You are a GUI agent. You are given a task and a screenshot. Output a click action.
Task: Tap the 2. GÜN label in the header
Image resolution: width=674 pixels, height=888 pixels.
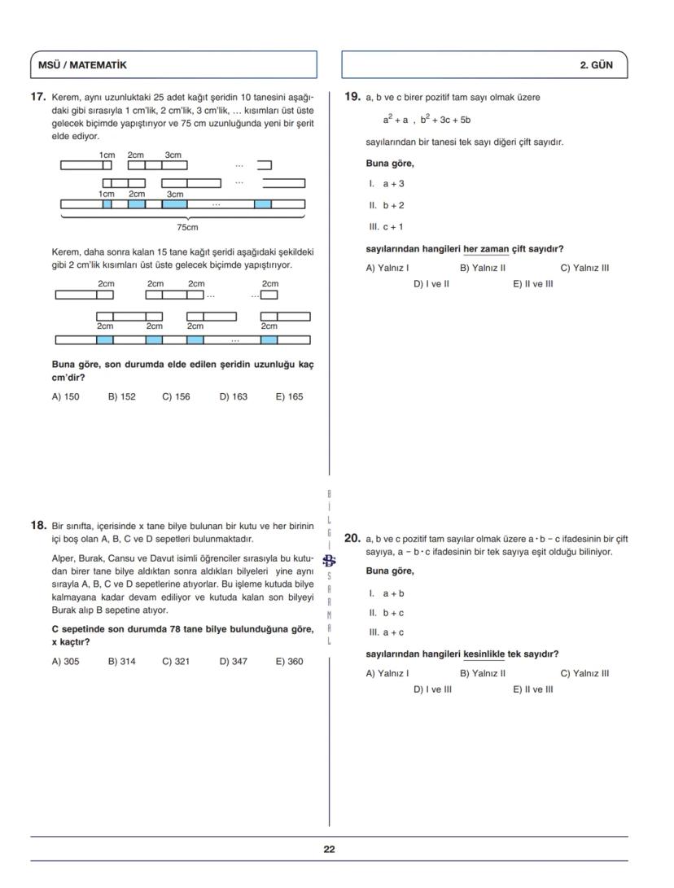(x=597, y=65)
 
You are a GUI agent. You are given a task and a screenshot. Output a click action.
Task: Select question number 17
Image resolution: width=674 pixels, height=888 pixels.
(x=37, y=97)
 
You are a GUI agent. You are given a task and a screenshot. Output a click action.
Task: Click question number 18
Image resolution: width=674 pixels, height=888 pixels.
(x=37, y=526)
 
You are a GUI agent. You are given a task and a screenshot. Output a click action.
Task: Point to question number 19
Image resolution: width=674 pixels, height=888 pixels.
(x=352, y=97)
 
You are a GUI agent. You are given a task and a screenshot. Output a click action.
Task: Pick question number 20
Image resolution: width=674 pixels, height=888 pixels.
(x=352, y=538)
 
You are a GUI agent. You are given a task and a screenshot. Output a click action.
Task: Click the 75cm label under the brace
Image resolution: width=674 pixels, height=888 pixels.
(x=187, y=227)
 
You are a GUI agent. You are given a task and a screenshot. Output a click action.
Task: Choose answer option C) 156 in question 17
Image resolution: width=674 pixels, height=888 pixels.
(x=176, y=397)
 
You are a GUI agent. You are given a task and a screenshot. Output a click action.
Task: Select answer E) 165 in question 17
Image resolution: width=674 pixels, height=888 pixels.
(x=289, y=397)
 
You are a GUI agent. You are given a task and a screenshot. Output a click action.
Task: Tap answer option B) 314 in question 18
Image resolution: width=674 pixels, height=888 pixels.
(x=122, y=662)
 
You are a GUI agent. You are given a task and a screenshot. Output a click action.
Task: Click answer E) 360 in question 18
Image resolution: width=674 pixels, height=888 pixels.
(x=289, y=662)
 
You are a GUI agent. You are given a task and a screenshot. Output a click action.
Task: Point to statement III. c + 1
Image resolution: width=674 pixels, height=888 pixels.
(x=386, y=227)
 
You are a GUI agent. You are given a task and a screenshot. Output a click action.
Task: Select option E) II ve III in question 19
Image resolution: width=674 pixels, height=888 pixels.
(x=532, y=284)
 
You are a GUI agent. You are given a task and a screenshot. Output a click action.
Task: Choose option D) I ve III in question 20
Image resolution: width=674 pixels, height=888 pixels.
(x=432, y=689)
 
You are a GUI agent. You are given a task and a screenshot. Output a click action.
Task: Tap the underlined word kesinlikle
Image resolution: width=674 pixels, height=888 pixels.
(x=484, y=654)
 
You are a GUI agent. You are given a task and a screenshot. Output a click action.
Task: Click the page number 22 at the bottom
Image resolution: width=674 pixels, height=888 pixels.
(x=329, y=849)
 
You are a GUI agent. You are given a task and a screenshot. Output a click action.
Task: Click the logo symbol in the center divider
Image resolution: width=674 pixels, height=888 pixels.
(x=329, y=560)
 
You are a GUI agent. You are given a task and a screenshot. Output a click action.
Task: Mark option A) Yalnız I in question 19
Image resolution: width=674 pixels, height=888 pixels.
(x=387, y=268)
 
